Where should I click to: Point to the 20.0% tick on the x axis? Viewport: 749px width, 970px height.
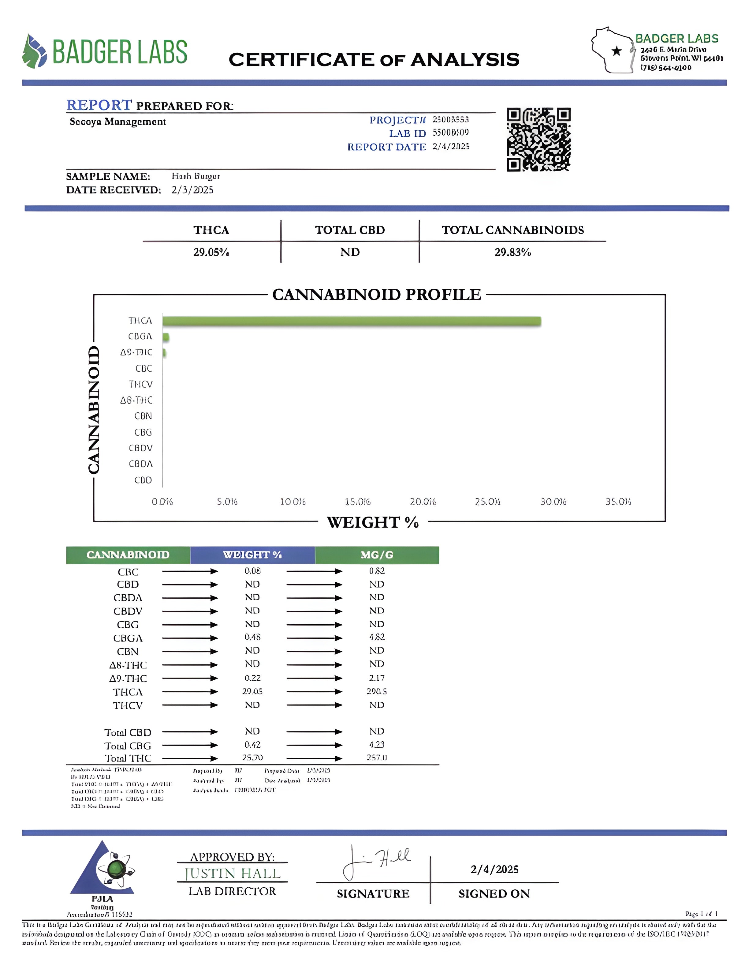423,502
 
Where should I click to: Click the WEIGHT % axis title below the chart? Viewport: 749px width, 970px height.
373,522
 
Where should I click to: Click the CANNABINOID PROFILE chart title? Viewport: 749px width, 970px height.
376,295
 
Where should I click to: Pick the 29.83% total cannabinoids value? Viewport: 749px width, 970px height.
512,252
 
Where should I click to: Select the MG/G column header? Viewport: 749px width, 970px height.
377,555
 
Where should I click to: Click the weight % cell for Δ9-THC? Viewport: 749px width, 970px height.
252,678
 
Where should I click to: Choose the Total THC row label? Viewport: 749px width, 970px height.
128,758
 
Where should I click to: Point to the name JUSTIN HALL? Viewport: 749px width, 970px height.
233,874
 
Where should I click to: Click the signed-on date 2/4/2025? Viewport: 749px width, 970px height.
494,869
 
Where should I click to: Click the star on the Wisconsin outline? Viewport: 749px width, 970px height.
616,51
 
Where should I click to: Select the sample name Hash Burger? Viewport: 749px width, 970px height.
196,176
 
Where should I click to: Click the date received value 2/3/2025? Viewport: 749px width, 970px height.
192,190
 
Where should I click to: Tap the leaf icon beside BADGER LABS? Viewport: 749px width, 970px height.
35,51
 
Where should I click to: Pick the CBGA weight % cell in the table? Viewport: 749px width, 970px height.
252,637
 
